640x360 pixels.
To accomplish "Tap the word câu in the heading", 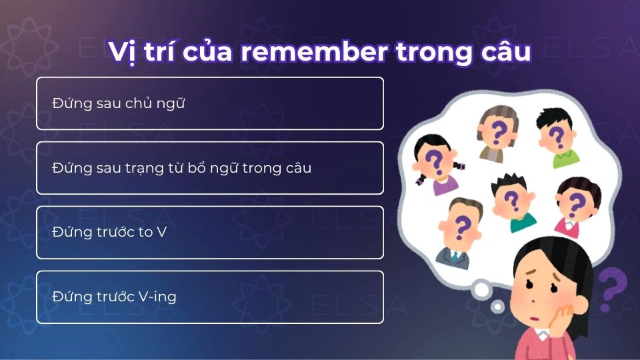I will point(505,53).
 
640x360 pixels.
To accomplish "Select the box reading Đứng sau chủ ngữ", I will point(210,103).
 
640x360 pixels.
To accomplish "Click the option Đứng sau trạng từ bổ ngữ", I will point(210,168).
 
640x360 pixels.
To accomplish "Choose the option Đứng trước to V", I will point(210,233).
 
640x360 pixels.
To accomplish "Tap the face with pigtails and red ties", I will point(434,163).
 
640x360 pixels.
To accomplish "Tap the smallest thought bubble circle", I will point(497,306).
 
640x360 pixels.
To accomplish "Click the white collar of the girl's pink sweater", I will point(537,342).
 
